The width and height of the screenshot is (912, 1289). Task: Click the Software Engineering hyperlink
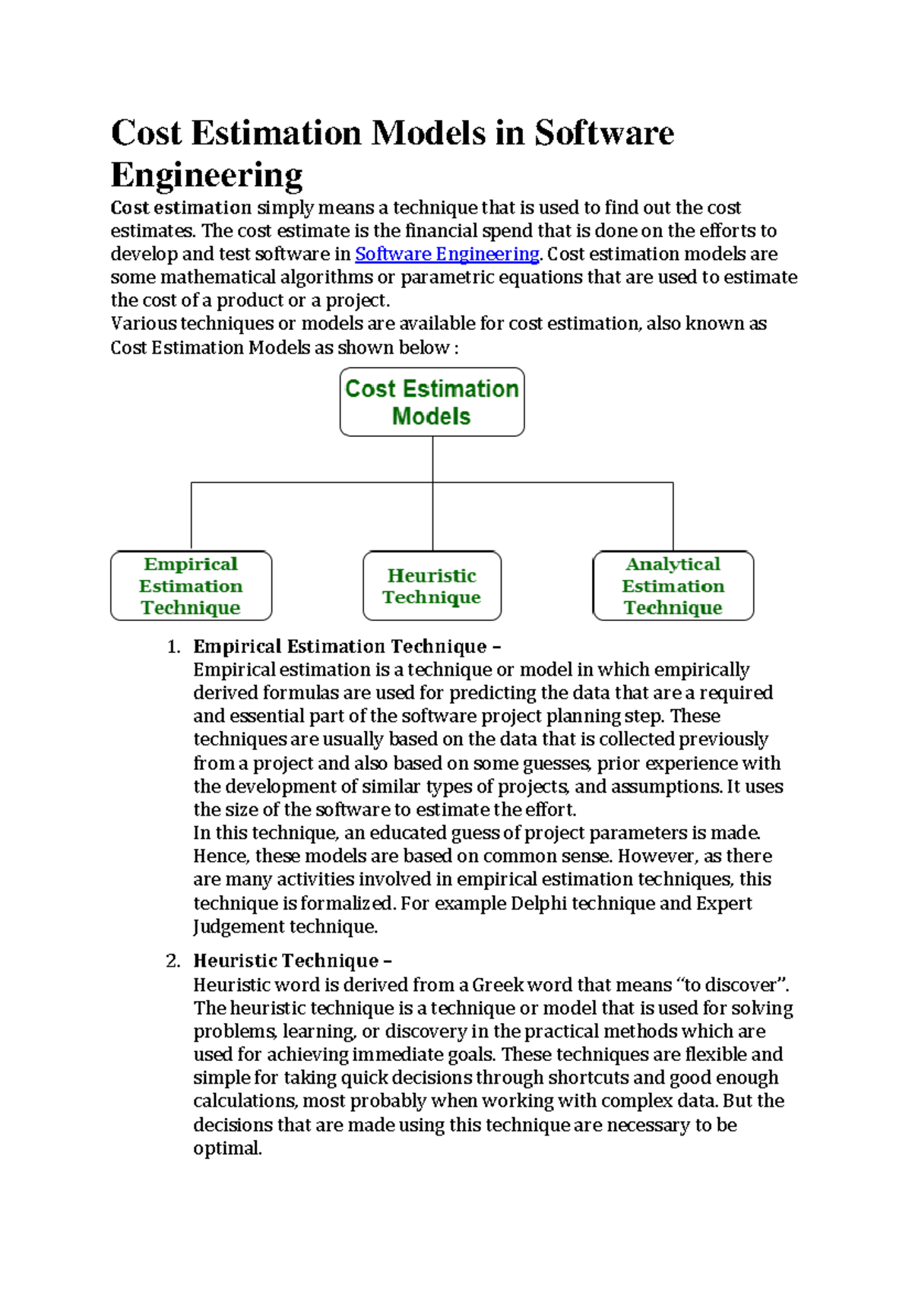tap(447, 254)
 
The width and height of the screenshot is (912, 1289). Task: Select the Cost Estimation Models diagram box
tap(432, 402)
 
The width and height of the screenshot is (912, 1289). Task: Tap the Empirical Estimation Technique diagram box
tap(191, 586)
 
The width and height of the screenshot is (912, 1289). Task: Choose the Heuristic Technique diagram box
tap(432, 586)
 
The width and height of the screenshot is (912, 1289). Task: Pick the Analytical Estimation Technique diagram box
tap(673, 586)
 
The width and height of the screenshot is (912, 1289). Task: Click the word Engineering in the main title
tap(207, 175)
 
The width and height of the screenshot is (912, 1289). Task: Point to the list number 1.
tap(173, 647)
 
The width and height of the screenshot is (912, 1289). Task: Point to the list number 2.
tap(173, 961)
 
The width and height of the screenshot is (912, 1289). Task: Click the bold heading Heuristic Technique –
tap(292, 961)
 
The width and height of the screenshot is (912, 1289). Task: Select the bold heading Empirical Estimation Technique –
tap(347, 647)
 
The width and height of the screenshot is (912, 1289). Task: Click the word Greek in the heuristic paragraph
tap(497, 985)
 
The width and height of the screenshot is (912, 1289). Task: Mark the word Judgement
tap(239, 926)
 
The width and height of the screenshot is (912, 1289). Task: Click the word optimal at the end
tap(226, 1148)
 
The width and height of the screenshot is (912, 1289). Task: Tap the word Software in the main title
tap(603, 133)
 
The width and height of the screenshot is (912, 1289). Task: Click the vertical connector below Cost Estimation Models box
tap(432, 459)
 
